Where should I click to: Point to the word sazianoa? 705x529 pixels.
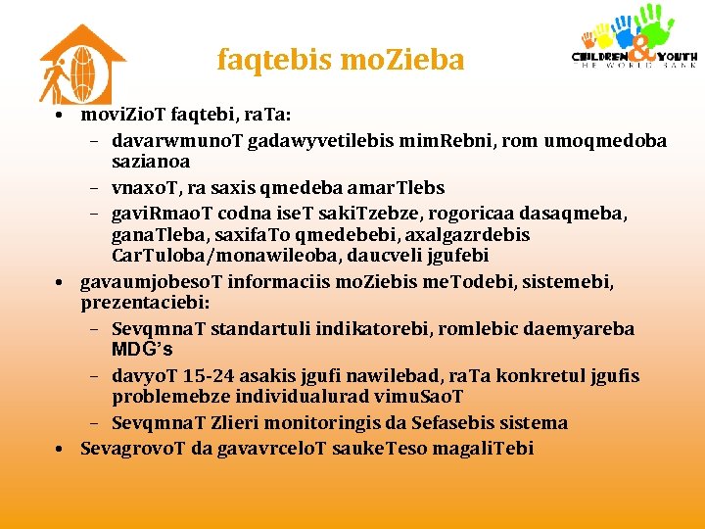point(151,161)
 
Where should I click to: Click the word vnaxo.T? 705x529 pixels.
point(146,187)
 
